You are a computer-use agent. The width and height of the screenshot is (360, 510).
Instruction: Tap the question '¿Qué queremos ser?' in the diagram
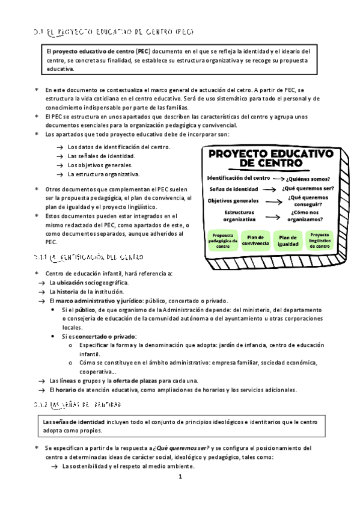point(308,188)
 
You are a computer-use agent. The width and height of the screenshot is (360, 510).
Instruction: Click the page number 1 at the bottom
point(180,477)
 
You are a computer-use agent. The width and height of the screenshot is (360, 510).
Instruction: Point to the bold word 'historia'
point(75,291)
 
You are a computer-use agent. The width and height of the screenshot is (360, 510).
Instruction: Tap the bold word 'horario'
point(73,390)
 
